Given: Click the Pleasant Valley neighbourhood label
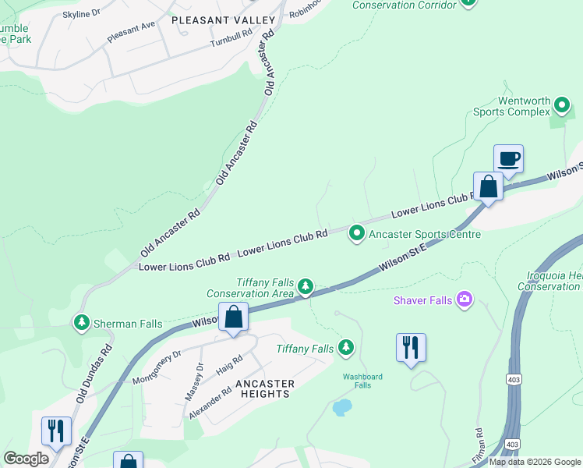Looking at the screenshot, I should (x=223, y=19).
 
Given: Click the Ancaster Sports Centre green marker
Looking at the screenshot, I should (x=357, y=233).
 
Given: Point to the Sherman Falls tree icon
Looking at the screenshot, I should (x=81, y=321).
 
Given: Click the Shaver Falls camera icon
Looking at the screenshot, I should (x=465, y=300).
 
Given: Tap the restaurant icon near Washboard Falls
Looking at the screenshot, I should (x=411, y=346).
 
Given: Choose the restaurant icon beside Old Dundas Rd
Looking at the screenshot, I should (x=56, y=430).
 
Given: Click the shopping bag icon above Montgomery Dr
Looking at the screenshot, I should (x=233, y=317).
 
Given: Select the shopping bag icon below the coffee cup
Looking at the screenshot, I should (x=488, y=187).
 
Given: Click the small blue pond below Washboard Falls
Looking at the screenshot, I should (x=341, y=407).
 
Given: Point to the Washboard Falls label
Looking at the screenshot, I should (x=363, y=381).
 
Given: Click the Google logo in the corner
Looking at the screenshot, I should (x=26, y=459).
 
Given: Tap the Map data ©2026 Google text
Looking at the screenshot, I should (x=534, y=462).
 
